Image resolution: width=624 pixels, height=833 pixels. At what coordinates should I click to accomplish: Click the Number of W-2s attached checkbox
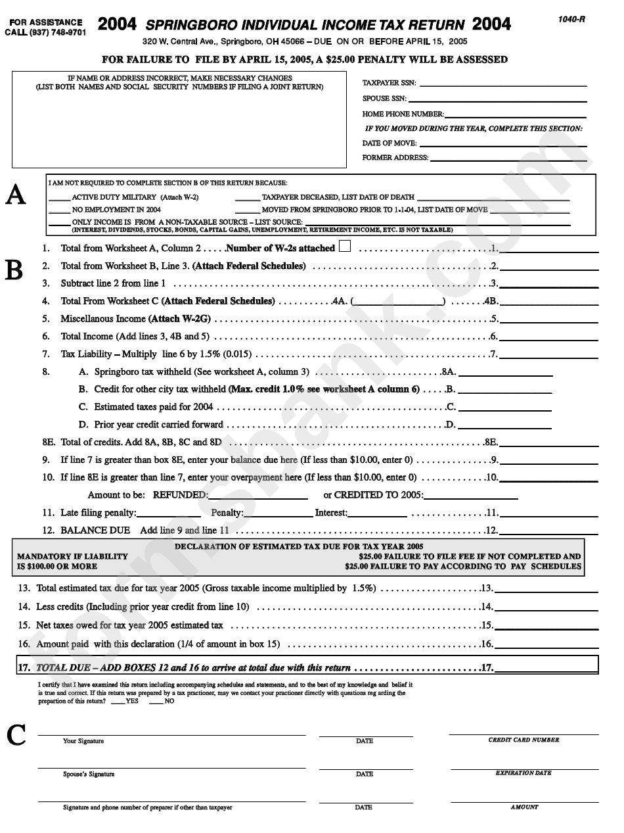point(345,247)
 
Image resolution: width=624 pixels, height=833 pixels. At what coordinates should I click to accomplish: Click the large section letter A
point(16,195)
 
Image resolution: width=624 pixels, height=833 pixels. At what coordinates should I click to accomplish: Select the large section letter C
point(16,736)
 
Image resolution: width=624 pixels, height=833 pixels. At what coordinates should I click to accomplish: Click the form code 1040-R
point(572,19)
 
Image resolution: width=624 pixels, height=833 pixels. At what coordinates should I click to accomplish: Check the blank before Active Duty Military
point(59,199)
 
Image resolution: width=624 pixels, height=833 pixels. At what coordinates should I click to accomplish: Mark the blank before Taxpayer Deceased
point(247,199)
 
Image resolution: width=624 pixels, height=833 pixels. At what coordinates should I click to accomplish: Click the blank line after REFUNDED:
point(257,497)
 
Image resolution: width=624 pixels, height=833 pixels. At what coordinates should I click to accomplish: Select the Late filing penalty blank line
point(168,515)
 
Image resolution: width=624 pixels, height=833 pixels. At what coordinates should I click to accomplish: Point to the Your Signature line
point(171,734)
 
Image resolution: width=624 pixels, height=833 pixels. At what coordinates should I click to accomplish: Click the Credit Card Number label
point(524,740)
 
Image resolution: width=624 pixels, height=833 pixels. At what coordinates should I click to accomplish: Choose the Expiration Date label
point(524,773)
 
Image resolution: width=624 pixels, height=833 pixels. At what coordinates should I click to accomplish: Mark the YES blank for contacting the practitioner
point(118,703)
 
